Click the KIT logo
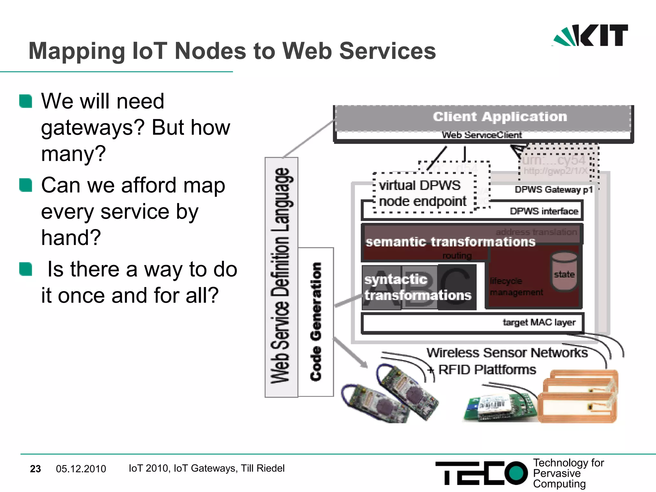pyautogui.click(x=590, y=35)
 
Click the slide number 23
pyautogui.click(x=35, y=469)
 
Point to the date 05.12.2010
pyautogui.click(x=81, y=469)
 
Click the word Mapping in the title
pyautogui.click(x=77, y=51)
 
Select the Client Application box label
pyautogui.click(x=500, y=117)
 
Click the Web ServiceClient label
pyautogui.click(x=482, y=135)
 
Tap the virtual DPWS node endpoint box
pyautogui.click(x=423, y=193)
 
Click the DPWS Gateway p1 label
pyautogui.click(x=553, y=190)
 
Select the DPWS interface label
pyautogui.click(x=544, y=211)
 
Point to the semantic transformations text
pyautogui.click(x=450, y=242)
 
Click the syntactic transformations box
pyautogui.click(x=418, y=287)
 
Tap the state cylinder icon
pyautogui.click(x=564, y=271)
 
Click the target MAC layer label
pyautogui.click(x=539, y=322)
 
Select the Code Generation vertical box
pyautogui.click(x=316, y=322)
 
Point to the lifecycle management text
pyautogui.click(x=516, y=287)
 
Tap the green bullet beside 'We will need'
pyautogui.click(x=26, y=101)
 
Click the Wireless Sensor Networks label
pyautogui.click(x=507, y=353)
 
